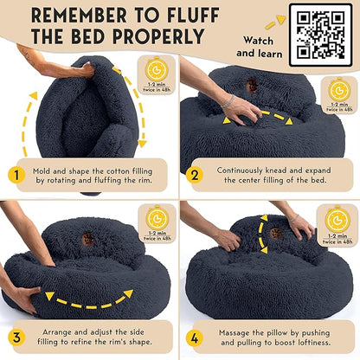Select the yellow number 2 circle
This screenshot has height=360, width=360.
pos(196,177)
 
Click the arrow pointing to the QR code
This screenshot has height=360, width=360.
pos(275,22)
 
